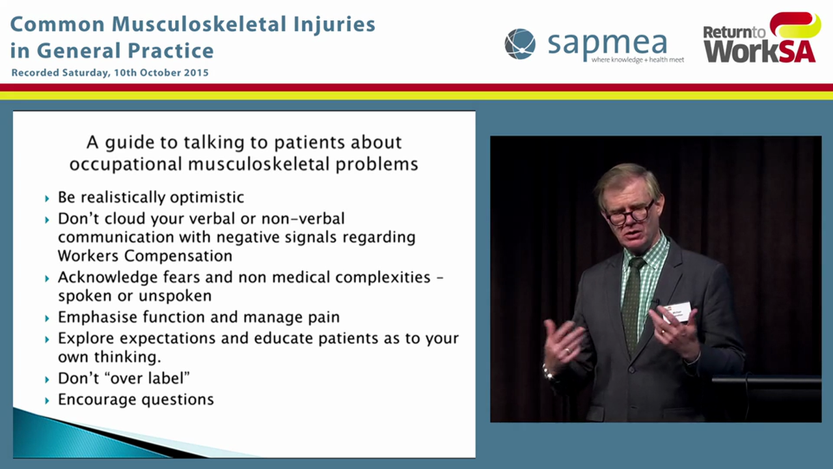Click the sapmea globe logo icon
[519, 44]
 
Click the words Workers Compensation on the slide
[144, 255]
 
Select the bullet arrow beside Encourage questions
[47, 400]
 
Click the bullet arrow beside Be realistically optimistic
[47, 198]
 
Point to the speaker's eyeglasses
[629, 214]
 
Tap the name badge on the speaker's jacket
[677, 311]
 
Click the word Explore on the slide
[83, 339]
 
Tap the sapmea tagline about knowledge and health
[637, 60]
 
